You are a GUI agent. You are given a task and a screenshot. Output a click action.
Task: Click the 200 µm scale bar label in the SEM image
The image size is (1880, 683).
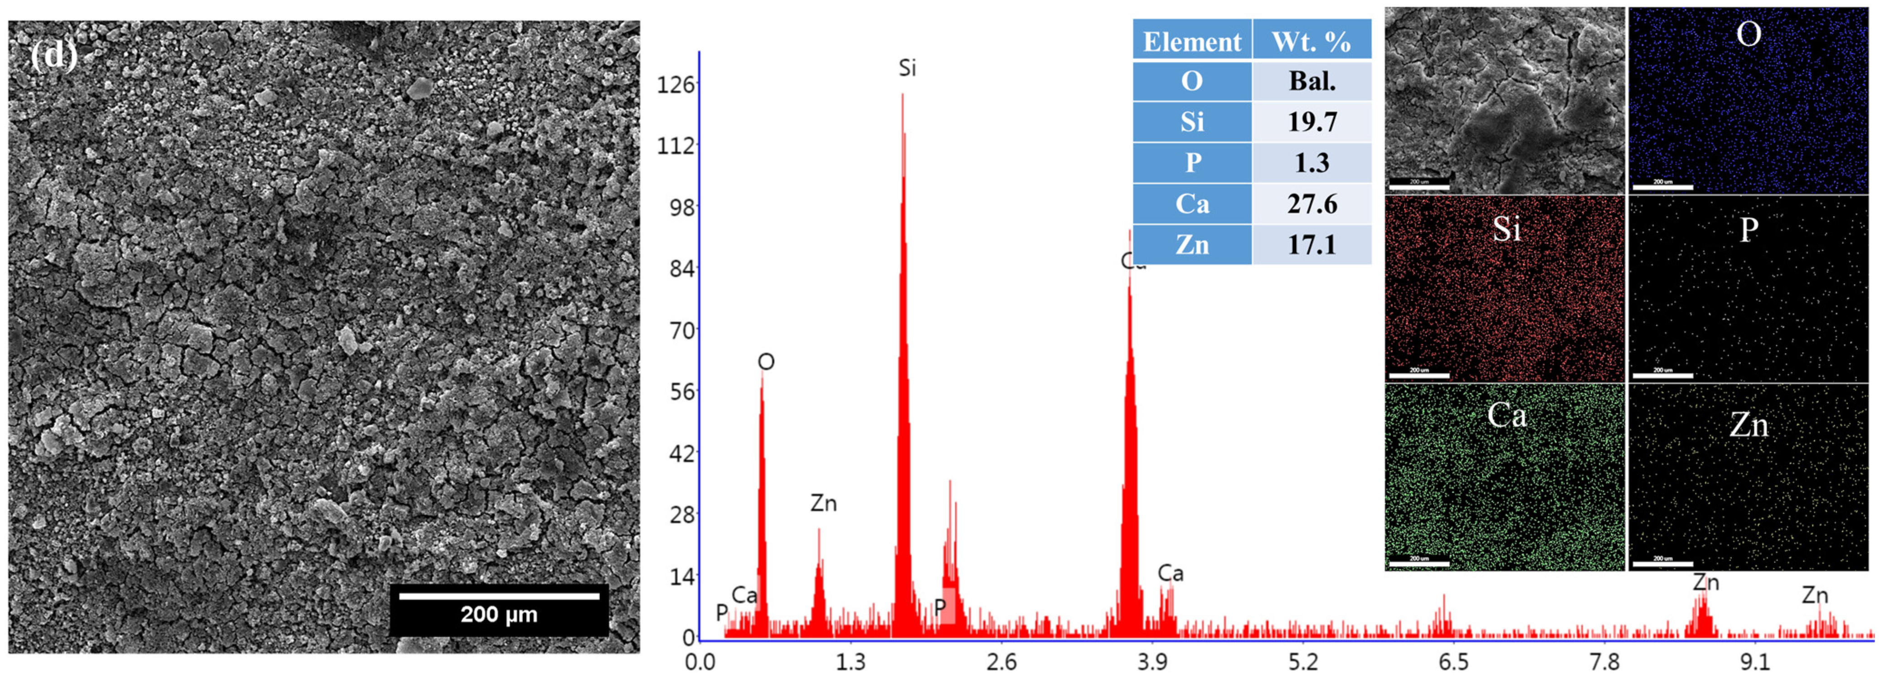[x=499, y=615]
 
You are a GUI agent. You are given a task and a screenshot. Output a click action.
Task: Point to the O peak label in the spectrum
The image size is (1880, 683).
[x=766, y=362]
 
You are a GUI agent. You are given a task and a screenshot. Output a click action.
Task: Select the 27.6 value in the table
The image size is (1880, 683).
[x=1312, y=203]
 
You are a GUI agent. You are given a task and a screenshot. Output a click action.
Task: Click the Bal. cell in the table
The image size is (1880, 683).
[x=1312, y=81]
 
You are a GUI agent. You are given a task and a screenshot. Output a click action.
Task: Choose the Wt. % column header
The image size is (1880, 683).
[x=1312, y=42]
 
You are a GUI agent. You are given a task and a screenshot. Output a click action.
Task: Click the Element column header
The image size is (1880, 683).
[x=1192, y=42]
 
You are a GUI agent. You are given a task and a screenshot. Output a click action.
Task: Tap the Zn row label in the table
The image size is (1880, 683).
[x=1192, y=244]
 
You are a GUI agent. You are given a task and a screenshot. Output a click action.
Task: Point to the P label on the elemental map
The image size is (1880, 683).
[x=1749, y=230]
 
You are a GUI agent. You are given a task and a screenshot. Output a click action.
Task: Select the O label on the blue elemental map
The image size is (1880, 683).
[x=1749, y=34]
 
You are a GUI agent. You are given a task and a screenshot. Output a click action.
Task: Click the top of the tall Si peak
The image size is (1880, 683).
[x=902, y=95]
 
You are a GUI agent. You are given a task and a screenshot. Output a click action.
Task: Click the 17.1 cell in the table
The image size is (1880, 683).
[x=1312, y=244]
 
